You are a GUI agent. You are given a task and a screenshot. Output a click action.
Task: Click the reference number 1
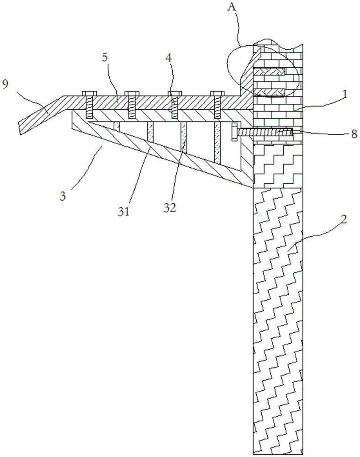pos(346,95)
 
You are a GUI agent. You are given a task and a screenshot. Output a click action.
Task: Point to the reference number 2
pos(344,218)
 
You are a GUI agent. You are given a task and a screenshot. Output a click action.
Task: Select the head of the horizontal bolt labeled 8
pos(235,132)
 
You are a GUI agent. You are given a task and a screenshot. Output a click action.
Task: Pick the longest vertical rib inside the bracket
pos(217,143)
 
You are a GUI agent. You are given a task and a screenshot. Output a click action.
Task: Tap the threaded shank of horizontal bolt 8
pos(265,132)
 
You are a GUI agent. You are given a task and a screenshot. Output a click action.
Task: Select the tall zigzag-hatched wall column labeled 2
pos(277,320)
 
